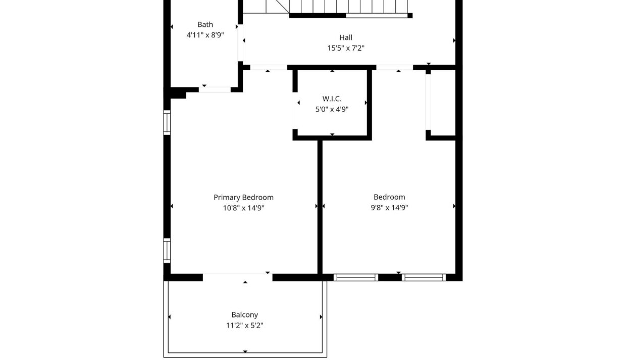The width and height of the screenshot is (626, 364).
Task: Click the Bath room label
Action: tap(205, 25)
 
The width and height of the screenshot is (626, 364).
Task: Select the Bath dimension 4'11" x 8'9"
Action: tap(205, 35)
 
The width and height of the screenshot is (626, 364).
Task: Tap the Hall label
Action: tap(346, 37)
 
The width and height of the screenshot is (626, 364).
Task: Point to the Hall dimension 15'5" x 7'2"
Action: tap(346, 48)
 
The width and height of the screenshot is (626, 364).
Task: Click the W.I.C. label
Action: tap(332, 99)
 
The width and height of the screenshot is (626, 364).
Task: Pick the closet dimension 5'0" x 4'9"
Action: tap(332, 109)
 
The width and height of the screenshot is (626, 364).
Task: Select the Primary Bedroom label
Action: tap(243, 198)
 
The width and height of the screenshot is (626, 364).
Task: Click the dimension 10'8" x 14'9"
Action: tap(243, 208)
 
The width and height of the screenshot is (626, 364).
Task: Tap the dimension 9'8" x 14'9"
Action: tap(389, 208)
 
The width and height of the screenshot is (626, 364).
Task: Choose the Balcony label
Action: tap(244, 315)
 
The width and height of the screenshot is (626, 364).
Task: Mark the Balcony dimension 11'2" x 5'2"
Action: tap(244, 326)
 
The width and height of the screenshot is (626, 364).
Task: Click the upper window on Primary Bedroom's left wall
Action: tap(167, 122)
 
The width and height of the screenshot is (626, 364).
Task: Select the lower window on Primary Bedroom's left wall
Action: tap(167, 250)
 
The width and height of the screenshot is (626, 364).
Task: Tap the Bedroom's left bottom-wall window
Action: tap(356, 278)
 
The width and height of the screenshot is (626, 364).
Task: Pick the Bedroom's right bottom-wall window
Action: tap(424, 278)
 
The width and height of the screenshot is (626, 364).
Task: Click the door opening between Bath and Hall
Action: tap(240, 43)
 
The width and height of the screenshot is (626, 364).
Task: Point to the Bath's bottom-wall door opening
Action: tap(215, 89)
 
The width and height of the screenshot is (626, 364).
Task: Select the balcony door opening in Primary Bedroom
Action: tap(238, 277)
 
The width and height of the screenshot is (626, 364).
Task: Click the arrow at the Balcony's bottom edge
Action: tap(245, 351)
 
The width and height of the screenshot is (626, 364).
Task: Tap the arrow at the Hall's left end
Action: tap(244, 40)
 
